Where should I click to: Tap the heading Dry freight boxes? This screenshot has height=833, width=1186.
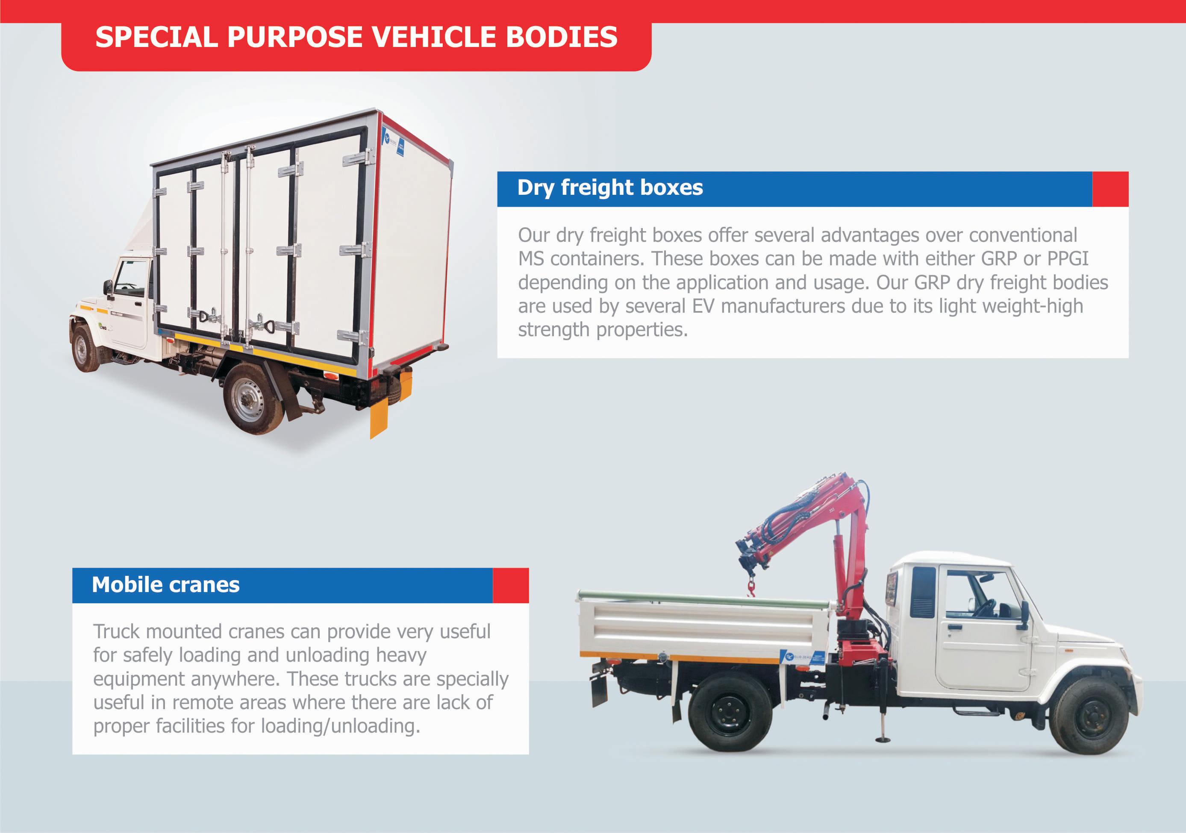coord(609,188)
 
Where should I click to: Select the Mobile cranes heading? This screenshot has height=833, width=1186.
coord(165,585)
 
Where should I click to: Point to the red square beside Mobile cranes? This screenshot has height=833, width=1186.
coord(510,585)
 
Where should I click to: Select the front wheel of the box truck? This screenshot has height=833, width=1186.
coord(85,349)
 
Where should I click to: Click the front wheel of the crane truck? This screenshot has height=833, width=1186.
coord(1090,715)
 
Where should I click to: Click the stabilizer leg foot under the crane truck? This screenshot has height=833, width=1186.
coord(882,739)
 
